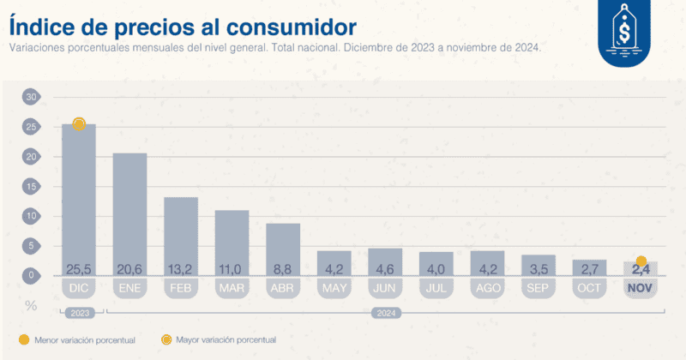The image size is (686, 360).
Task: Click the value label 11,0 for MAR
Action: [232, 268]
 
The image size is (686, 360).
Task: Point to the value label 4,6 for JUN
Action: [385, 268]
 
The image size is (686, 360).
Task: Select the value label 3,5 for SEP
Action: [539, 268]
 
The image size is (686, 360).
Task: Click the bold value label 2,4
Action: [641, 269]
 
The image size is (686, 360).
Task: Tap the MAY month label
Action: [334, 288]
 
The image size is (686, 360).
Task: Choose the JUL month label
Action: [436, 288]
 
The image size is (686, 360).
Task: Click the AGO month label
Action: [487, 288]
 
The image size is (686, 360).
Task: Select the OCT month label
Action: [589, 288]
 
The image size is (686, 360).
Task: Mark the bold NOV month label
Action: [641, 288]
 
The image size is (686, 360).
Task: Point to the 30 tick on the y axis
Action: [32, 97]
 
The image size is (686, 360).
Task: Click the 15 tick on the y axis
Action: [32, 187]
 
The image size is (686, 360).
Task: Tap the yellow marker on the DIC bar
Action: [79, 124]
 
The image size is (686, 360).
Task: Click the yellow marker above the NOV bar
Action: [641, 261]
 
